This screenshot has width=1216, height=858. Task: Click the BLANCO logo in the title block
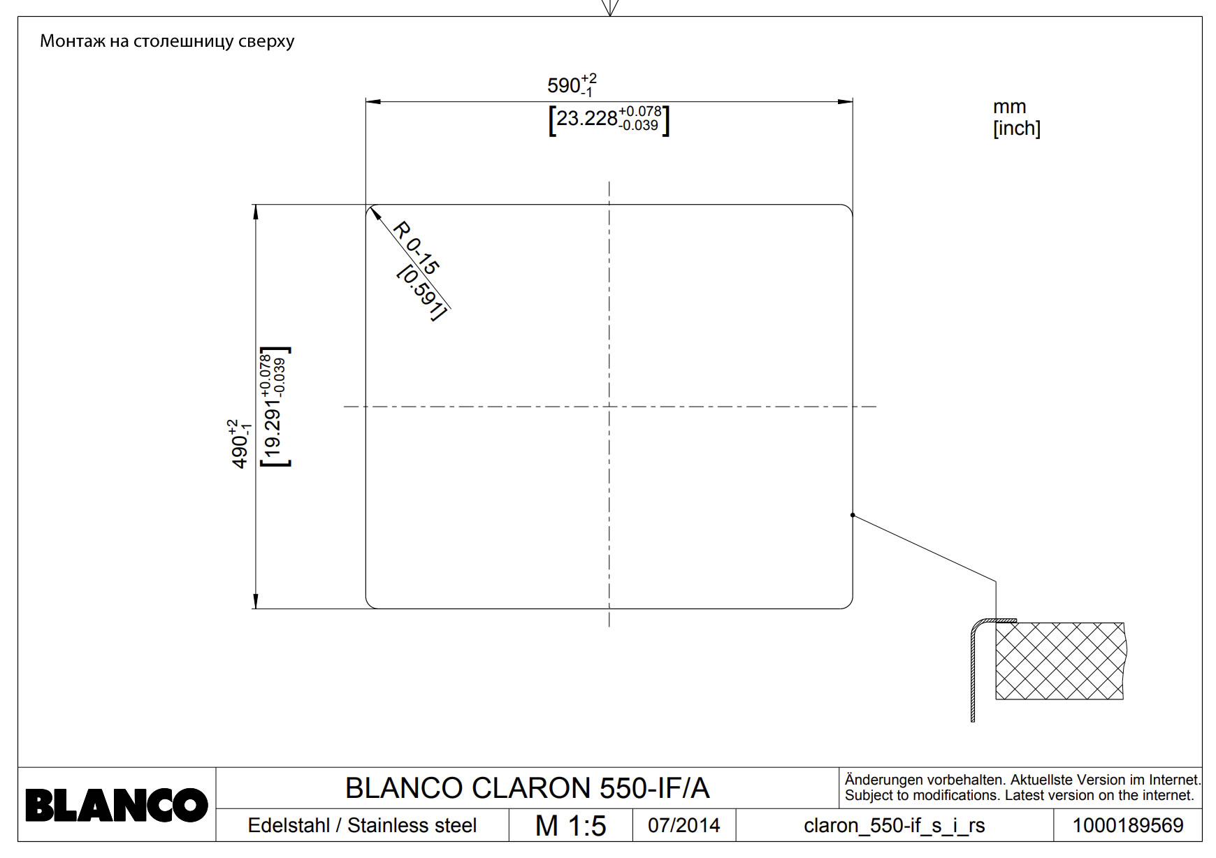point(116,805)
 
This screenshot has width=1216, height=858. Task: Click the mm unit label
point(1009,107)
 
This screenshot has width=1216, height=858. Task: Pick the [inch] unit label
point(1016,129)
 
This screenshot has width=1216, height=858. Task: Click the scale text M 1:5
point(570,826)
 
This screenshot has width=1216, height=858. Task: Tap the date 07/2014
point(683,825)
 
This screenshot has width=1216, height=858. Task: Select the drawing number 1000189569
point(1127,826)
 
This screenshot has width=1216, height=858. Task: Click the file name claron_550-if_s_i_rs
point(894,826)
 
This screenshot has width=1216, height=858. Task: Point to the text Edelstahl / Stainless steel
point(362,826)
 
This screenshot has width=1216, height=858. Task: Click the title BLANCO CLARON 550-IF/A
point(527,788)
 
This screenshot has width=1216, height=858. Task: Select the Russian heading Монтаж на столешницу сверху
point(167,41)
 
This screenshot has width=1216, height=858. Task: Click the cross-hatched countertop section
point(1059,661)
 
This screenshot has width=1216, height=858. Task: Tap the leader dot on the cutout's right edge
point(853,515)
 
